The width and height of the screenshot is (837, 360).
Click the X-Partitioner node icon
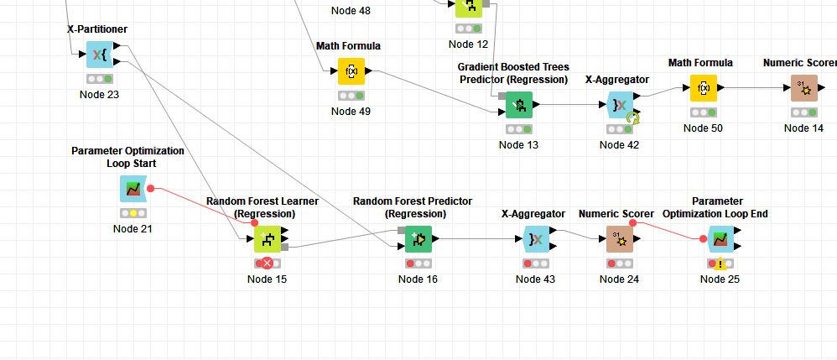(x=99, y=55)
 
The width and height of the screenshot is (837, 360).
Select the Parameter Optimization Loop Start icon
(x=133, y=189)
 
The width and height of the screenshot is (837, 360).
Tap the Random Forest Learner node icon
(x=267, y=239)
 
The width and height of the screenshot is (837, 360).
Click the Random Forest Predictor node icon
(x=418, y=239)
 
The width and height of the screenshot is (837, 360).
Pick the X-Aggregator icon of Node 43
(x=535, y=239)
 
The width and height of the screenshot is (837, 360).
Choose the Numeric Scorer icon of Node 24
(x=619, y=239)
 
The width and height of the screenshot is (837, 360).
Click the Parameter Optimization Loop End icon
(x=720, y=239)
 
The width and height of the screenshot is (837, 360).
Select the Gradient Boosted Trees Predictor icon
(x=518, y=105)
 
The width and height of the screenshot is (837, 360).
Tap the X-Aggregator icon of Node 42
(x=619, y=105)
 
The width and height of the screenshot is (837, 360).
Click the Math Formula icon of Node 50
(x=703, y=88)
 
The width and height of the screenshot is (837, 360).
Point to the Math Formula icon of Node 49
(x=351, y=71)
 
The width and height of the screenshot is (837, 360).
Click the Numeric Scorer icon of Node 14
(x=803, y=88)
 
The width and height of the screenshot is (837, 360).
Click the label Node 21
(x=133, y=229)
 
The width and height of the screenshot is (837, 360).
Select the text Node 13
(x=518, y=145)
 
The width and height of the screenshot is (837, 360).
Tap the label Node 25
(x=720, y=279)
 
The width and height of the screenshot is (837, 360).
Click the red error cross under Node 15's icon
(x=267, y=263)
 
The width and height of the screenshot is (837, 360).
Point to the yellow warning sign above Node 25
(x=720, y=263)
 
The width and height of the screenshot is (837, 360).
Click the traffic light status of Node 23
(x=99, y=78)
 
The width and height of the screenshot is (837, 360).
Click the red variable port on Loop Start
(x=151, y=188)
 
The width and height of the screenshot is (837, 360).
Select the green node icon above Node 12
(x=468, y=7)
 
